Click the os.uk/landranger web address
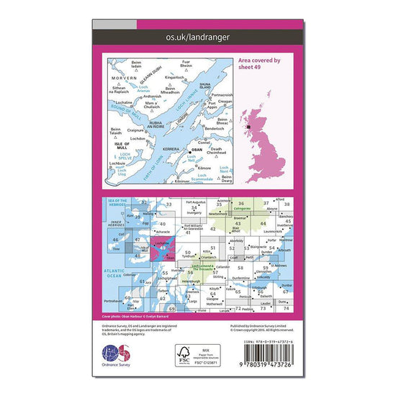(x=197, y=35)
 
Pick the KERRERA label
(x=170, y=148)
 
